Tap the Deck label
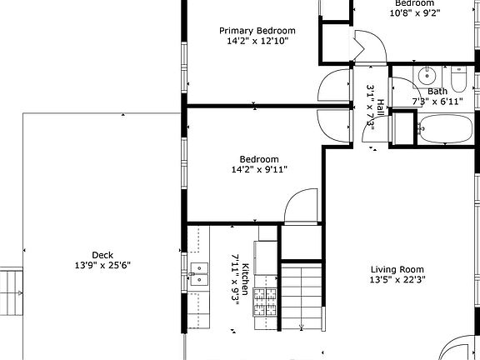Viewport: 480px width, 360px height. pos(102,255)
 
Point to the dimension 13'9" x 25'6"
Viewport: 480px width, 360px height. pos(102,266)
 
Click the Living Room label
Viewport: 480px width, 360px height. pos(397,269)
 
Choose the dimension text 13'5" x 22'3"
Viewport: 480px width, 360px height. pos(397,280)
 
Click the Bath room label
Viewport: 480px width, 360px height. pos(437,92)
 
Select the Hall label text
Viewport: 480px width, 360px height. pos(380,108)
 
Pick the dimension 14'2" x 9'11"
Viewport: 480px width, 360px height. pos(259,170)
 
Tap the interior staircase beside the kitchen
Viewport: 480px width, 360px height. pos(300,296)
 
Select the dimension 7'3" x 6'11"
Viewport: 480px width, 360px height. pos(437,102)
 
